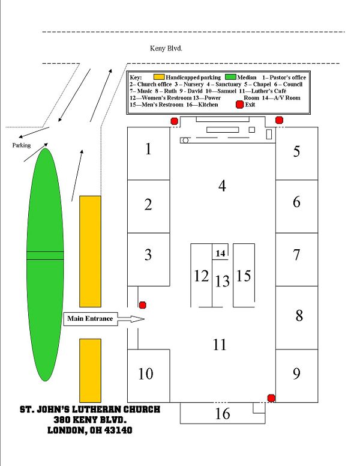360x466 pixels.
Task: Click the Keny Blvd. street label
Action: (x=166, y=49)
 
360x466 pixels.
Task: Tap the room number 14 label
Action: (x=220, y=253)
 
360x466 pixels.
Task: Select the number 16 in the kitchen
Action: (x=222, y=413)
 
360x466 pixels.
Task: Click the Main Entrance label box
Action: (x=90, y=319)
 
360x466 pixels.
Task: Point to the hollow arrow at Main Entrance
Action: (x=131, y=319)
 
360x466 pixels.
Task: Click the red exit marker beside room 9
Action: (x=271, y=398)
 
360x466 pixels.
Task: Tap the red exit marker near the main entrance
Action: (x=143, y=305)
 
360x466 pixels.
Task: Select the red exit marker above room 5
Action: (x=279, y=120)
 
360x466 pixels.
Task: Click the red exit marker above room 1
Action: (x=174, y=121)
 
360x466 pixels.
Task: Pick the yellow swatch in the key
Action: (x=159, y=77)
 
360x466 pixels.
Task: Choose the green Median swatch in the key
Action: (x=230, y=77)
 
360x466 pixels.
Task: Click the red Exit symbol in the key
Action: (x=239, y=104)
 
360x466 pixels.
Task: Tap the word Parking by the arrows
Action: (x=22, y=145)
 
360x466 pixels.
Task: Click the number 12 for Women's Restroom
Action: (x=201, y=276)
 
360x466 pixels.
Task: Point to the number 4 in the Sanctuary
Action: (x=222, y=186)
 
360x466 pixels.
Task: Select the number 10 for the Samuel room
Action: (x=146, y=374)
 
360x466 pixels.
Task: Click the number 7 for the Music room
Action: (x=296, y=255)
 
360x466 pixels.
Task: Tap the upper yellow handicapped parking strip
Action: (x=90, y=252)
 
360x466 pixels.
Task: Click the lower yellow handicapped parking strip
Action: (x=90, y=371)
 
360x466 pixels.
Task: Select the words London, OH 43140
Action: (x=90, y=430)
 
